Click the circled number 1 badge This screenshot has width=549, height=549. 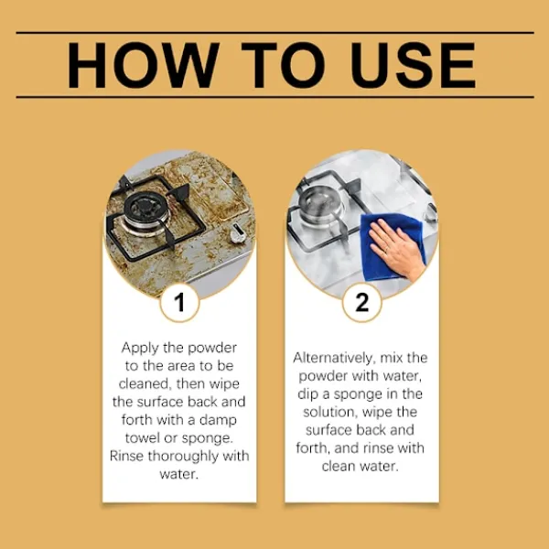179,302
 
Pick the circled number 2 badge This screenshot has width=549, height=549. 361,302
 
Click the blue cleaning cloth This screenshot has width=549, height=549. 393,247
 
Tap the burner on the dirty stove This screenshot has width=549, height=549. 142,210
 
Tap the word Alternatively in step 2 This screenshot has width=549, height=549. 334,359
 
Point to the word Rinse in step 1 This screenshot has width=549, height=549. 126,457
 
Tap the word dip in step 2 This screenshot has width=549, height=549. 308,395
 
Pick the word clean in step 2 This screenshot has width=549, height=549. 339,467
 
